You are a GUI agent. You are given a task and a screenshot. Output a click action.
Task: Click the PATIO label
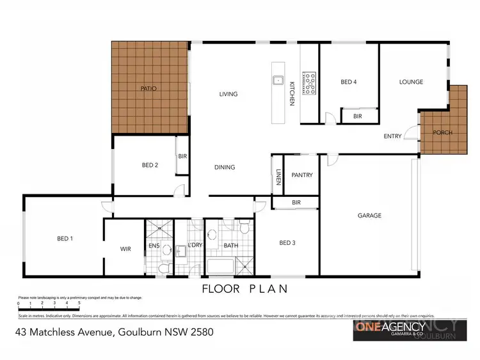[148, 88]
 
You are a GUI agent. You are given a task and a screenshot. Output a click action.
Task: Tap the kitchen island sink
[278, 81]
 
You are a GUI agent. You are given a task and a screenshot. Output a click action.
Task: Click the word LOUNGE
[411, 82]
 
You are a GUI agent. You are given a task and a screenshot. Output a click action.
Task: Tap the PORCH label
[442, 132]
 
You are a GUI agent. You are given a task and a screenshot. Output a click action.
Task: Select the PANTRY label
[301, 175]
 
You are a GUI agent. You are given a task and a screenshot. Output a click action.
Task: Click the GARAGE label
[369, 215]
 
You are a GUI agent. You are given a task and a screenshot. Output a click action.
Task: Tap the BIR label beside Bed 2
[182, 155]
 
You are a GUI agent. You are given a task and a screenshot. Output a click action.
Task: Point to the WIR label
[125, 249]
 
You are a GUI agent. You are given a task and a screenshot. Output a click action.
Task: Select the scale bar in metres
[49, 308]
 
